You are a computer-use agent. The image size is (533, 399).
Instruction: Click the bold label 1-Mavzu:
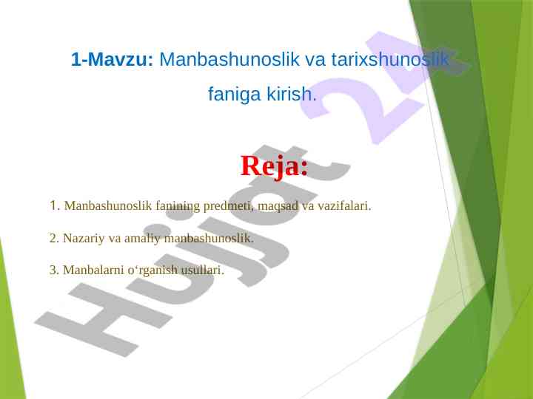pos(113,59)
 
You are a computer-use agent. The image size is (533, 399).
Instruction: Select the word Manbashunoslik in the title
pos(229,59)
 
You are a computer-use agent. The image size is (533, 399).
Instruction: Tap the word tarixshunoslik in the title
pos(389,59)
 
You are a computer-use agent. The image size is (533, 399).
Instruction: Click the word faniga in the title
pos(234,95)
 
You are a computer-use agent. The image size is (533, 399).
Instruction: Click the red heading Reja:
pos(275,166)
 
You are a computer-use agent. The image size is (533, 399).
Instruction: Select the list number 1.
pos(55,205)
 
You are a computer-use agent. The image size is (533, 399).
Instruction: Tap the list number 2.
pos(54,238)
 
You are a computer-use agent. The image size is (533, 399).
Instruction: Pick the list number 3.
pos(54,270)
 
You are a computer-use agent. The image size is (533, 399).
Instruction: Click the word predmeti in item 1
pos(229,205)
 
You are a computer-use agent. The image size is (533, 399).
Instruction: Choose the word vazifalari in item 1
pos(344,205)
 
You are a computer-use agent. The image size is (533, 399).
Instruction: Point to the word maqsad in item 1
pos(278,206)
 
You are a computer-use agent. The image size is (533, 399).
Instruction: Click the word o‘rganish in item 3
pos(152,270)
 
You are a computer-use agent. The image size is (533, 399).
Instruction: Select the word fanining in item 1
pos(178,206)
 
